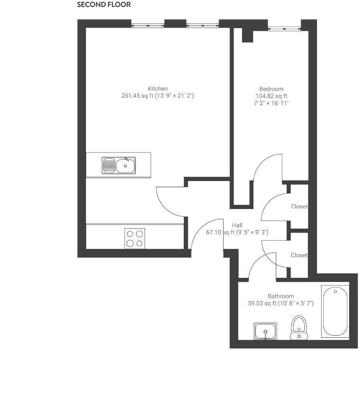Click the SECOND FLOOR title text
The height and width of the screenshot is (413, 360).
pos(104,5)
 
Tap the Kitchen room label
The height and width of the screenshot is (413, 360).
pos(158,89)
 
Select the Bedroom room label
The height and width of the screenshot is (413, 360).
pos(271,89)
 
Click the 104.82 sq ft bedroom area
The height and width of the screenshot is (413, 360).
pos(271,96)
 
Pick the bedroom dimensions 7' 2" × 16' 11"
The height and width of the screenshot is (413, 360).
pos(271,103)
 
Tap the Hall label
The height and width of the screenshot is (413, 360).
pos(237,225)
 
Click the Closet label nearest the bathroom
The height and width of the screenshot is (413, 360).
pos(299,255)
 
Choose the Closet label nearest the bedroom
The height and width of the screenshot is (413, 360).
pos(299,206)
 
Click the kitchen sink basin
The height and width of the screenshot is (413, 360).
pos(126,166)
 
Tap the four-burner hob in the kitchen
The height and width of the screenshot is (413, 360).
pos(135,238)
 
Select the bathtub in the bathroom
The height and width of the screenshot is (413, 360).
pos(335,311)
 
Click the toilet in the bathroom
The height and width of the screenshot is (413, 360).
pos(299,327)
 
